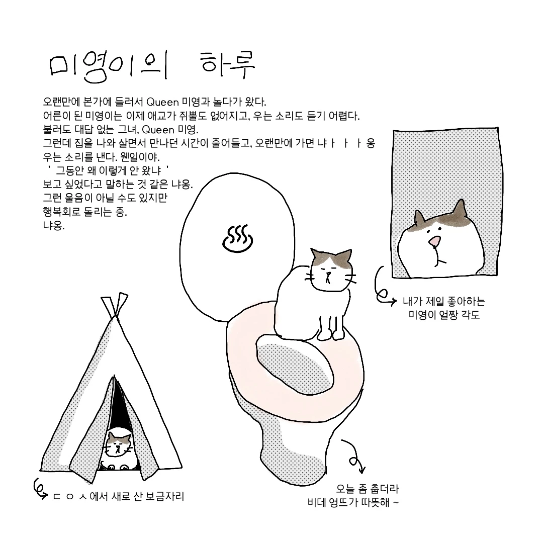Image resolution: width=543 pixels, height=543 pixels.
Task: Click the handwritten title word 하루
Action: pyautogui.click(x=228, y=65)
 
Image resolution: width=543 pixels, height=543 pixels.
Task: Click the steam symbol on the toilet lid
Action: pyautogui.click(x=237, y=239)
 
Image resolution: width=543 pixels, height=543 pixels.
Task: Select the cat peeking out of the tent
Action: pyautogui.click(x=119, y=448)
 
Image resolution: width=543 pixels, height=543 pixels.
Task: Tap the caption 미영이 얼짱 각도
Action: pyautogui.click(x=444, y=315)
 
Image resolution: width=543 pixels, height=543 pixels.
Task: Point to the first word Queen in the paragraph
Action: pyautogui.click(x=162, y=102)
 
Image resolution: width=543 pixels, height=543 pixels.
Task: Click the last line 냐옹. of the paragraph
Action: pyautogui.click(x=54, y=226)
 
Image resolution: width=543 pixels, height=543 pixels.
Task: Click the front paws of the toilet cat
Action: pyautogui.click(x=331, y=334)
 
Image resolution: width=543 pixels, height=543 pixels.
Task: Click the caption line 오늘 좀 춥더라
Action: pyautogui.click(x=368, y=489)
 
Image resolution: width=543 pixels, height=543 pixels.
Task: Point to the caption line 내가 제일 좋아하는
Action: pyautogui.click(x=444, y=301)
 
